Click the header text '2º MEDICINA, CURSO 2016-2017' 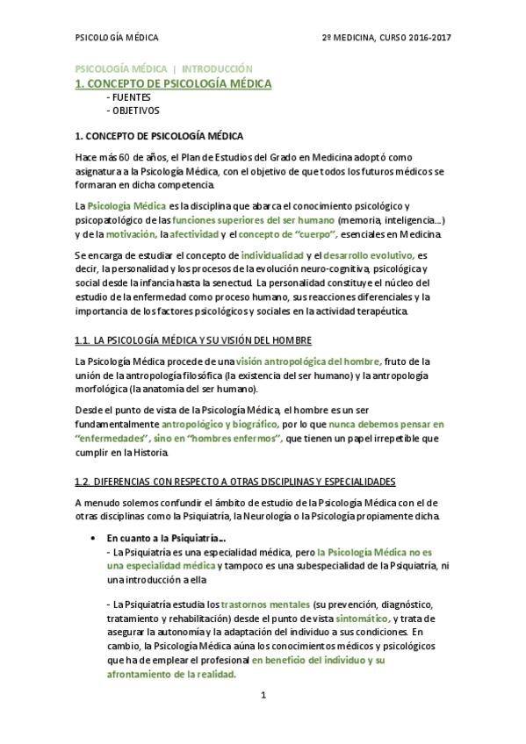coord(386,38)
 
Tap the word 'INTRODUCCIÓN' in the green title coord(217,68)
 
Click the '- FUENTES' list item coord(127,97)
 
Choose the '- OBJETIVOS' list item coord(132,111)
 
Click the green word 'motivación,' coord(131,234)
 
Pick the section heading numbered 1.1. coord(193,340)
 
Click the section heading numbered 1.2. coord(234,482)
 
